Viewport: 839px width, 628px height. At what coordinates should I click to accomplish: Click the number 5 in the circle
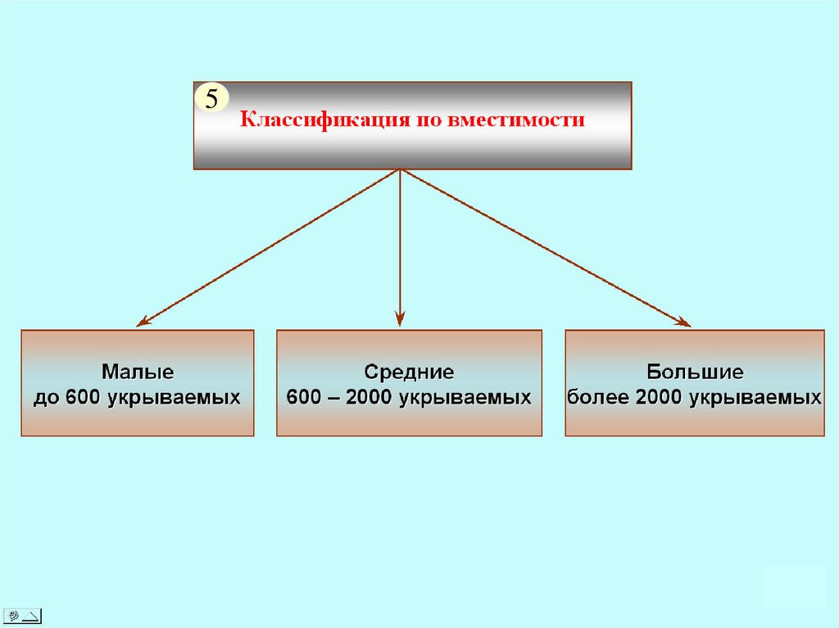[x=211, y=100]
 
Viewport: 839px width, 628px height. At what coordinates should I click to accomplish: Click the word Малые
[x=138, y=372]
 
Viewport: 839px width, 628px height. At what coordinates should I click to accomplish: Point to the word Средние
[x=409, y=372]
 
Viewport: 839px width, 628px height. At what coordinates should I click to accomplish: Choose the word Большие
[x=695, y=372]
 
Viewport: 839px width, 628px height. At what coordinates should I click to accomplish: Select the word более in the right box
[x=598, y=398]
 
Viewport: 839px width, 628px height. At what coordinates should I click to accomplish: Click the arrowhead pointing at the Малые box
[x=142, y=321]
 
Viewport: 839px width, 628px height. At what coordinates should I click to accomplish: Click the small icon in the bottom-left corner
[x=22, y=615]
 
